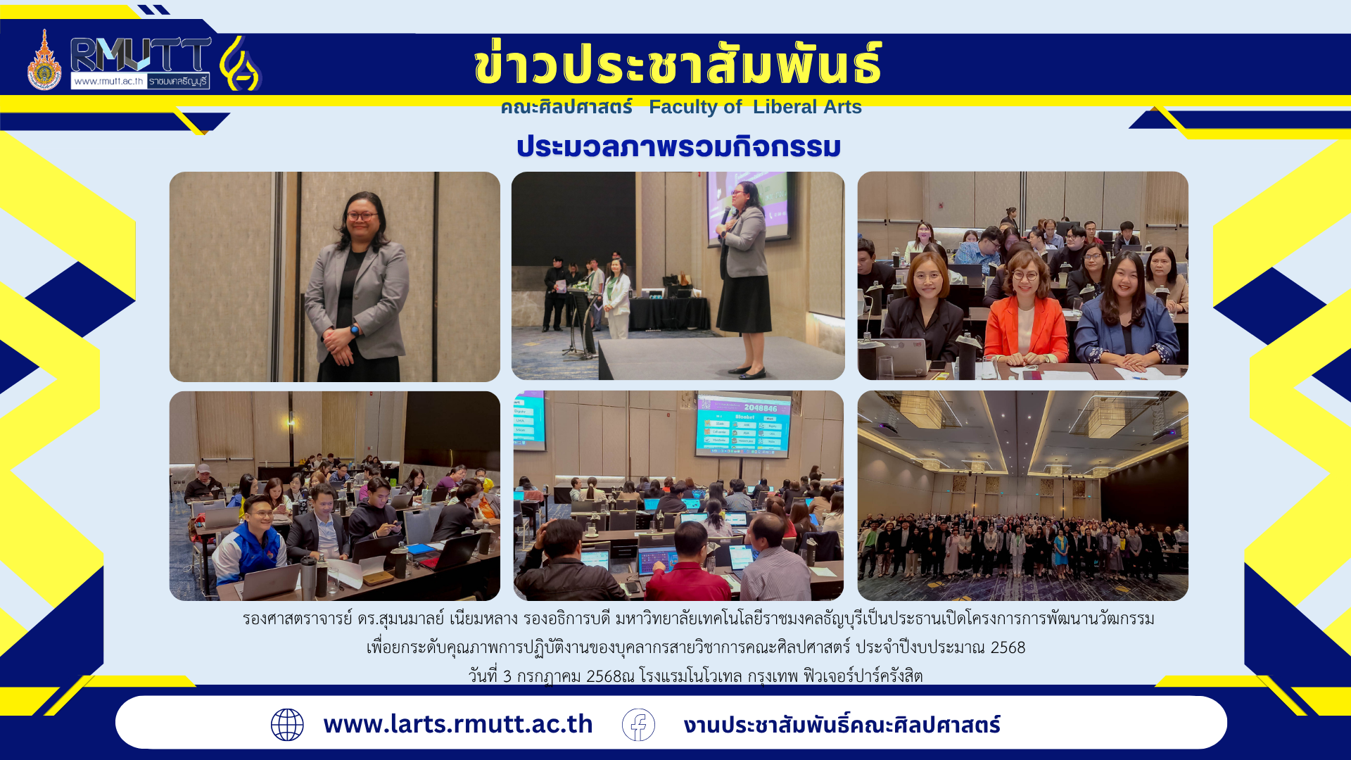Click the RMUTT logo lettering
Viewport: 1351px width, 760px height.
141,54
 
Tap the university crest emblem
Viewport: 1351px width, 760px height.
44,61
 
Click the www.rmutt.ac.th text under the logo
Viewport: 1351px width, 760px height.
108,81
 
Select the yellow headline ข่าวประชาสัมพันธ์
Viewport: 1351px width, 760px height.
678,63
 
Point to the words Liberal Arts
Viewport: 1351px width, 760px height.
807,107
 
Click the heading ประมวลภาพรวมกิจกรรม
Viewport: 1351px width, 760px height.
678,146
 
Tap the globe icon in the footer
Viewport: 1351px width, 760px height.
287,725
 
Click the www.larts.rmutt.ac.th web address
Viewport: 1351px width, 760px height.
458,724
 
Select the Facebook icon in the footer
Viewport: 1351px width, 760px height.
638,725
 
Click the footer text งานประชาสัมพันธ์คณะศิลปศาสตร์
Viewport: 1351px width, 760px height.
842,725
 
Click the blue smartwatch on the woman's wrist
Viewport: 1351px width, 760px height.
355,329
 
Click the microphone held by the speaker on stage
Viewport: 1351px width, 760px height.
725,215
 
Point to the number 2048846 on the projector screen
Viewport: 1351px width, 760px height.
761,408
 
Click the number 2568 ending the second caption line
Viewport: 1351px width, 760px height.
1008,647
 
